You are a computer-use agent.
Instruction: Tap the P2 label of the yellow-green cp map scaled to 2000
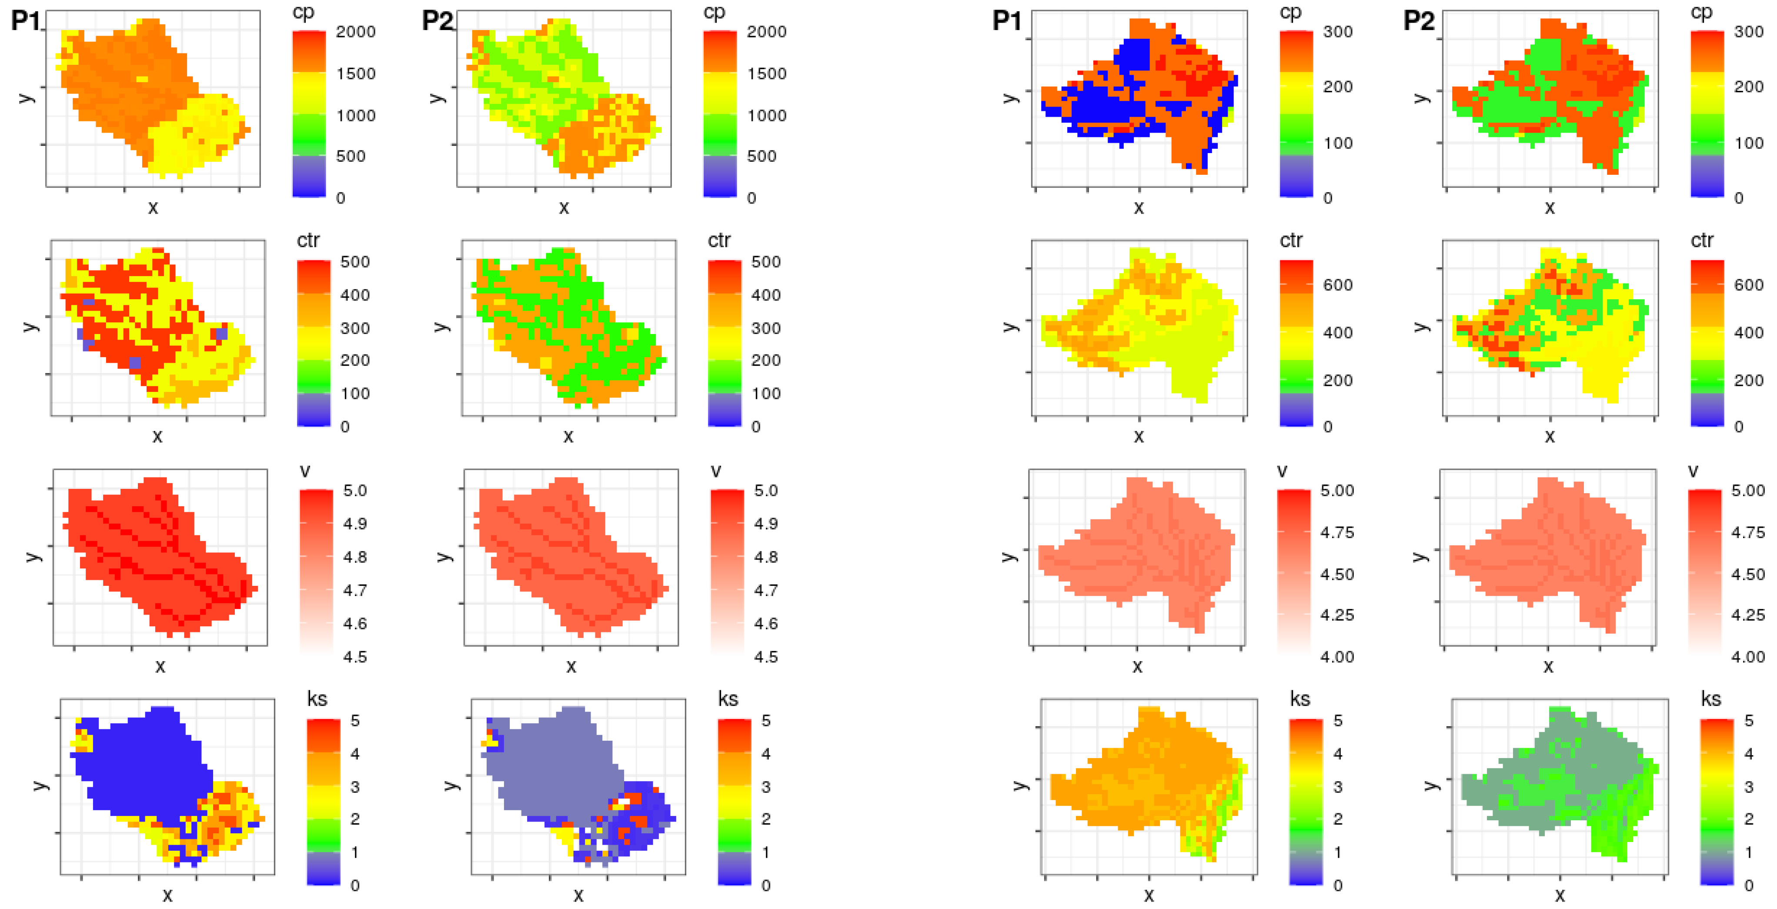point(438,21)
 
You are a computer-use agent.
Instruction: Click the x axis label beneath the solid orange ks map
point(1149,895)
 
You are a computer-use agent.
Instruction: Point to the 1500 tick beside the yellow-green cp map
point(766,74)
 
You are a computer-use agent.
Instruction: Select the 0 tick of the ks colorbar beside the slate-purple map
point(766,885)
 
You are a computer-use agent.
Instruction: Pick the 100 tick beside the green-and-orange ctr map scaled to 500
point(766,394)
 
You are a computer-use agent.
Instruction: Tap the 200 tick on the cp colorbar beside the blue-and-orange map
point(1338,87)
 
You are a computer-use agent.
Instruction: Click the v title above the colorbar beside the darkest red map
point(305,471)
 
